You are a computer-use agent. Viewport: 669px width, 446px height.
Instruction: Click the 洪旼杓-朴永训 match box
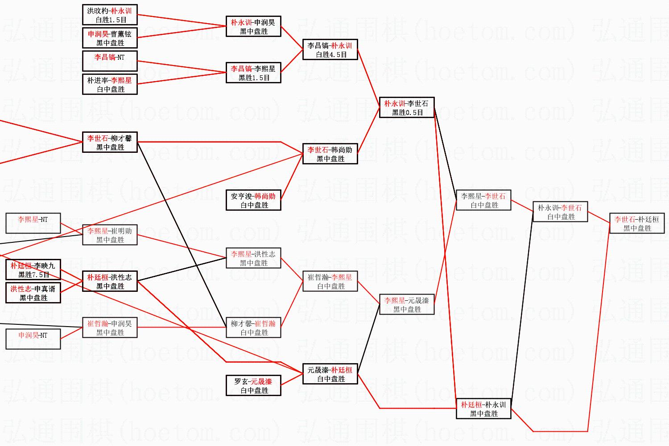coord(110,15)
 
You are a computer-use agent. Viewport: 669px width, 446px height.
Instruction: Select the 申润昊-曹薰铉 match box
coord(110,38)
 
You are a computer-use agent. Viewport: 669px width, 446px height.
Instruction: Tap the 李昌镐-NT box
coord(110,61)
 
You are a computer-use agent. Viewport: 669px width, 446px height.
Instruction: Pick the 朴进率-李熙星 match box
coord(110,84)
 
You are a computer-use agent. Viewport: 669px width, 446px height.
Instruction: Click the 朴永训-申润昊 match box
coord(253,26)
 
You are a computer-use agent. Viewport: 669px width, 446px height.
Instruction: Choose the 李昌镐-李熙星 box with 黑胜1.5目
coord(253,73)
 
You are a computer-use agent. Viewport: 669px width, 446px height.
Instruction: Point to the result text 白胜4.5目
coord(330,55)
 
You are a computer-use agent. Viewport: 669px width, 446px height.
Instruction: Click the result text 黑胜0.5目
coord(407,113)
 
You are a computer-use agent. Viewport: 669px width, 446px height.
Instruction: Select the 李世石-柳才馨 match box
coord(110,142)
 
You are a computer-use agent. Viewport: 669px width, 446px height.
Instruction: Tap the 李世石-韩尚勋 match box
coord(330,154)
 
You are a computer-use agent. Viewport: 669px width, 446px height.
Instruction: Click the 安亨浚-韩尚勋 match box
coord(253,200)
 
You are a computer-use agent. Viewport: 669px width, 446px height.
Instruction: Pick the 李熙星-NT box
coord(33,223)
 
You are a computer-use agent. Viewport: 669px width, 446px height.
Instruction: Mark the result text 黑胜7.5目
coord(33,275)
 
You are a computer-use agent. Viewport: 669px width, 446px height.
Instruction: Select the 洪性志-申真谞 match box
coord(33,293)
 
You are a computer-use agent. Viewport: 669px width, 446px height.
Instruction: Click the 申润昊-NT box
coord(33,339)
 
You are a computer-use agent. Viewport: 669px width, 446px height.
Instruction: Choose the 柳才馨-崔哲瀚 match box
coord(253,327)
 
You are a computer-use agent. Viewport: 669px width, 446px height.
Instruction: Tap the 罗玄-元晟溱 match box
coord(253,385)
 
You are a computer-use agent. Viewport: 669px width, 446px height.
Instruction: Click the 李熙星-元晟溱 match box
coord(407,304)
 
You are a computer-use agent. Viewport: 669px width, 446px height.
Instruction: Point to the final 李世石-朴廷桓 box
coord(637,223)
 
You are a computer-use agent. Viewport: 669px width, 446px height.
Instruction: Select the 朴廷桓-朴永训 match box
coord(483,409)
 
